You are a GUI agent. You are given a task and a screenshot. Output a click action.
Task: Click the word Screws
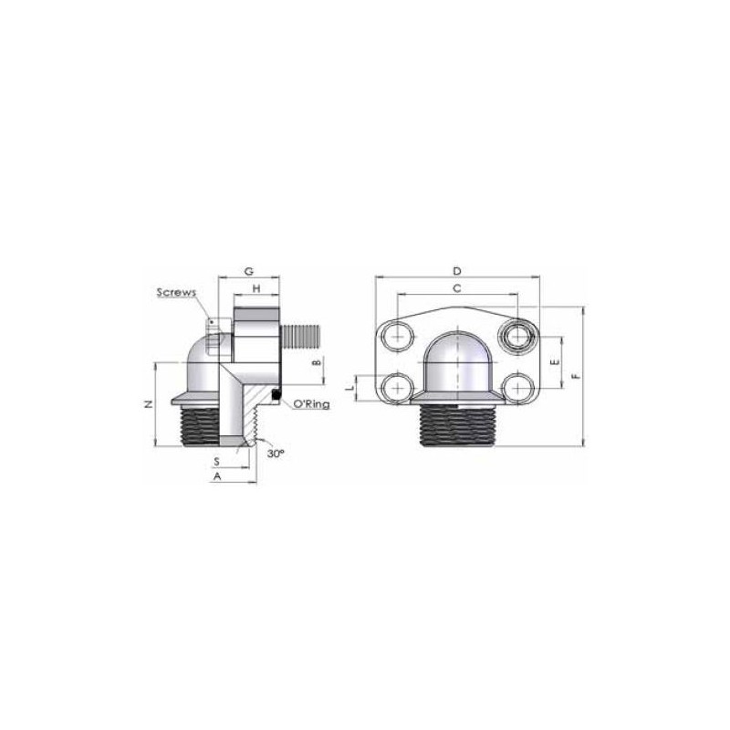click(x=176, y=292)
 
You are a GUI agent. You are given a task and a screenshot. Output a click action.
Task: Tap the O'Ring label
click(x=311, y=403)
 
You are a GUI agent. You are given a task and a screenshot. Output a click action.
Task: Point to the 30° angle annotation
click(x=276, y=453)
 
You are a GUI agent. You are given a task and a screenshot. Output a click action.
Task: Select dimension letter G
click(x=249, y=271)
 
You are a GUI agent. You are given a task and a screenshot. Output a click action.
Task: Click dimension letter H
click(x=256, y=288)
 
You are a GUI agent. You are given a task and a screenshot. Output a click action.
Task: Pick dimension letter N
click(x=149, y=403)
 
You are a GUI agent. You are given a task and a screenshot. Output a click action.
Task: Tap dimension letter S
click(x=216, y=462)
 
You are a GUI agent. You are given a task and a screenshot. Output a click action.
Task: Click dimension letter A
click(x=217, y=476)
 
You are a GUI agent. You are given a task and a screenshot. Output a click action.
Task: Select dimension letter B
click(x=317, y=361)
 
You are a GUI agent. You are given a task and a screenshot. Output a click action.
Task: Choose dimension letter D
click(x=457, y=270)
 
